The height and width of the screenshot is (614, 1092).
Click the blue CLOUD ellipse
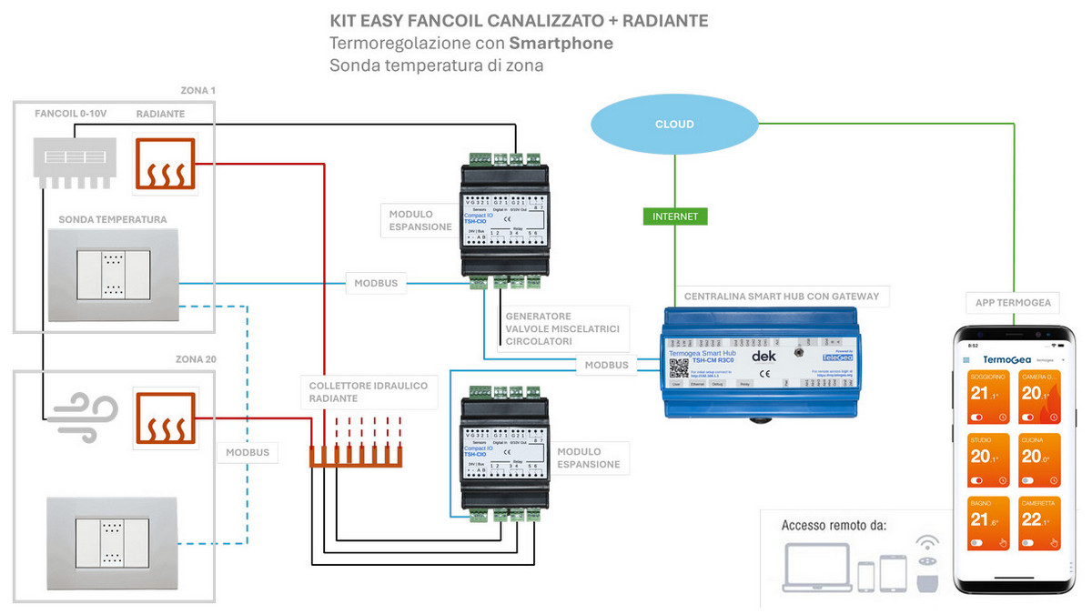pyautogui.click(x=674, y=125)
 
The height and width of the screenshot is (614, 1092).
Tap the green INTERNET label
pyautogui.click(x=675, y=216)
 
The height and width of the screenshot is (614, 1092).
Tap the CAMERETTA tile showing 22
pyautogui.click(x=1039, y=525)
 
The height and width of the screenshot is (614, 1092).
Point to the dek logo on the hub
pyautogui.click(x=763, y=357)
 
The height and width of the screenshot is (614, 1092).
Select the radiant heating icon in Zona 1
pyautogui.click(x=166, y=164)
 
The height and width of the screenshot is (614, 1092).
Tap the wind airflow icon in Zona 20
pyautogui.click(x=77, y=418)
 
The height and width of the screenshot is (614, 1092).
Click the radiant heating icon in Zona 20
pyautogui.click(x=166, y=418)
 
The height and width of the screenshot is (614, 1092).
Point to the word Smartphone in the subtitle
pyautogui.click(x=561, y=43)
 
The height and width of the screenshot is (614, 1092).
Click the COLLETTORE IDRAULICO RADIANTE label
pyautogui.click(x=368, y=392)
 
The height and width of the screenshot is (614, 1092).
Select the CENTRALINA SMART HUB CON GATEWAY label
pyautogui.click(x=781, y=297)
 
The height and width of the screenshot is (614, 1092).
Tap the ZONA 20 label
pyautogui.click(x=197, y=360)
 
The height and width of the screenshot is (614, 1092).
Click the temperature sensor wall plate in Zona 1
pyautogui.click(x=114, y=276)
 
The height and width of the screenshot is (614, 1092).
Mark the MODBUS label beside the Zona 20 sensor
pyautogui.click(x=248, y=452)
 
